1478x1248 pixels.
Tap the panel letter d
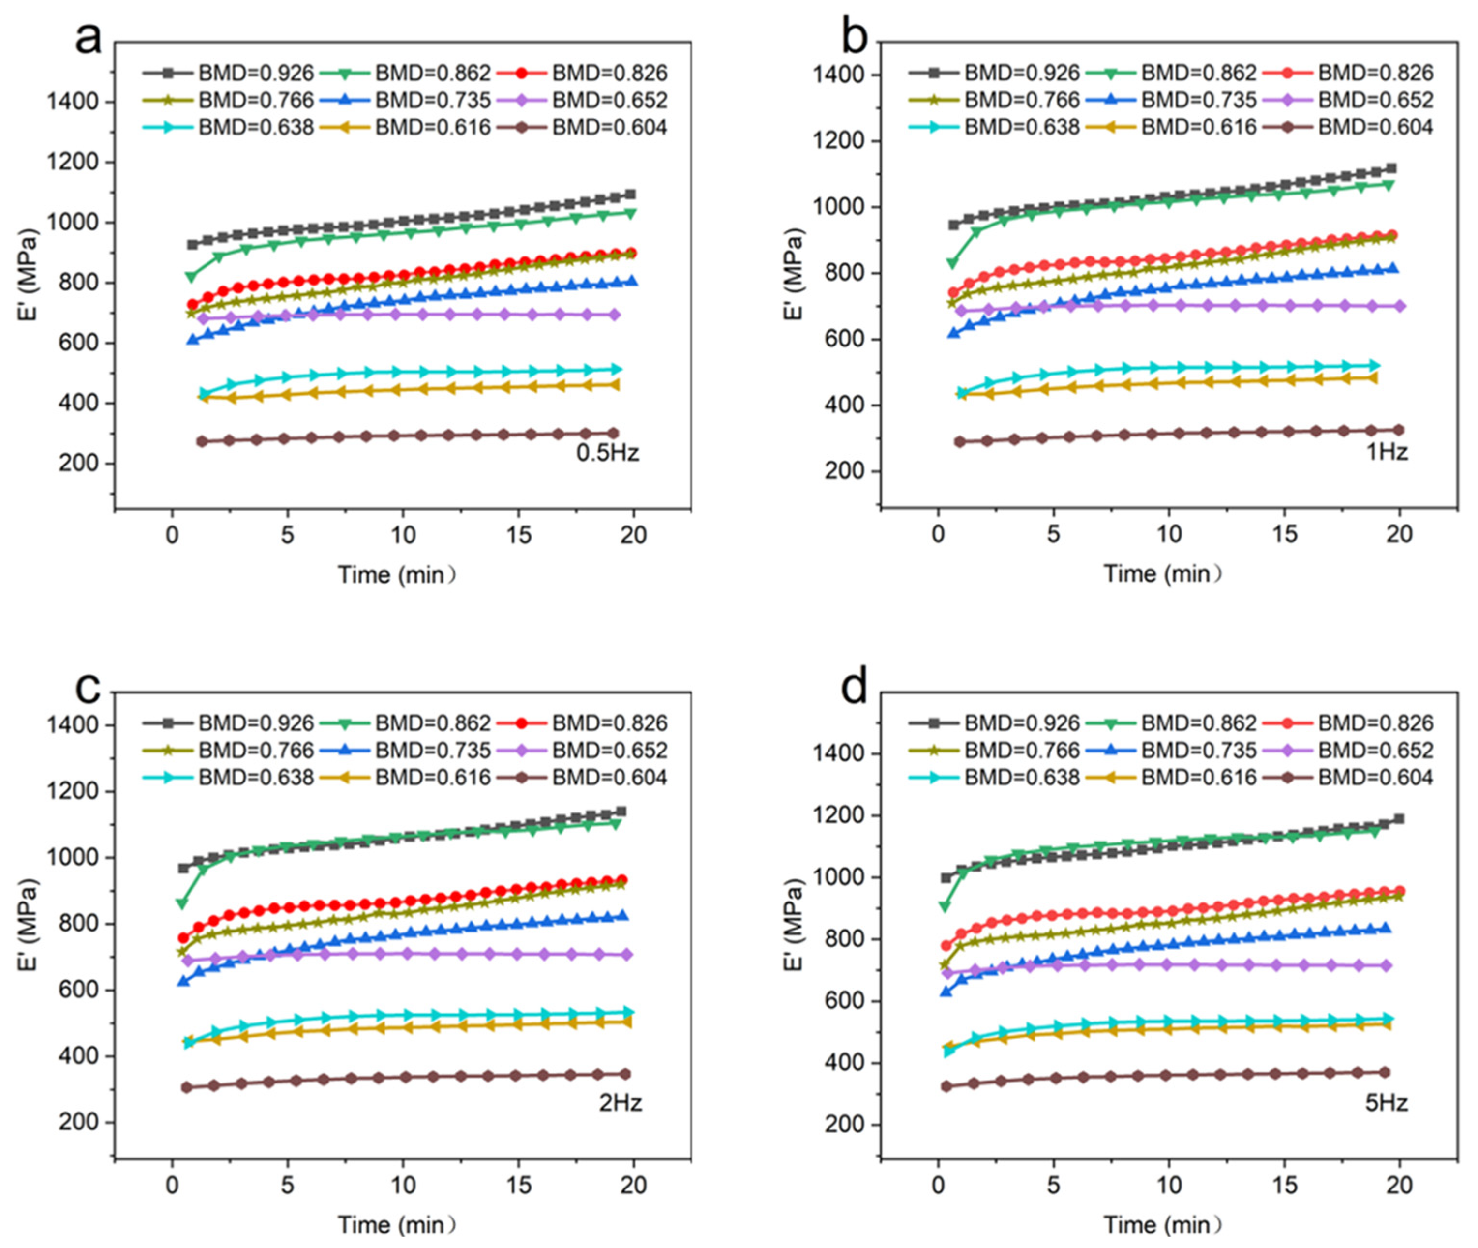pyautogui.click(x=854, y=688)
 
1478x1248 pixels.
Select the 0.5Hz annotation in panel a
pyautogui.click(x=607, y=452)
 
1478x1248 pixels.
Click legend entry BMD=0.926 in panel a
pyautogui.click(x=228, y=73)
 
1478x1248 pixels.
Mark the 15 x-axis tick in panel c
pyautogui.click(x=518, y=1185)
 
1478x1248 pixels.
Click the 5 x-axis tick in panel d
pyautogui.click(x=1054, y=1185)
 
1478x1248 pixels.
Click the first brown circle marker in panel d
pyautogui.click(x=946, y=1086)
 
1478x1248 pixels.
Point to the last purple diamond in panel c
pyautogui.click(x=626, y=954)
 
